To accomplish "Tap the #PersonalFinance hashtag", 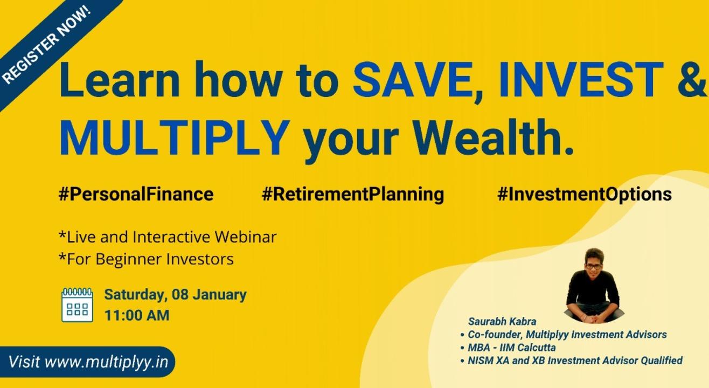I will point(136,194).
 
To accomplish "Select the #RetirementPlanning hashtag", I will point(353,194).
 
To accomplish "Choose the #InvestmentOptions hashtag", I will point(585,194).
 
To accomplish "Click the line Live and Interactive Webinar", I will point(168,237).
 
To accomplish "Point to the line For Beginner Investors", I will point(146,259).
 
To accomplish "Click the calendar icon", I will point(77,305).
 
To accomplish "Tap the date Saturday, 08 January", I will point(175,295).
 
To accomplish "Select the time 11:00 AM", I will point(137,315).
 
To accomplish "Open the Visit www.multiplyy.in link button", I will point(88,362).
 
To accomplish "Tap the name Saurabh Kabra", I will point(502,322).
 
